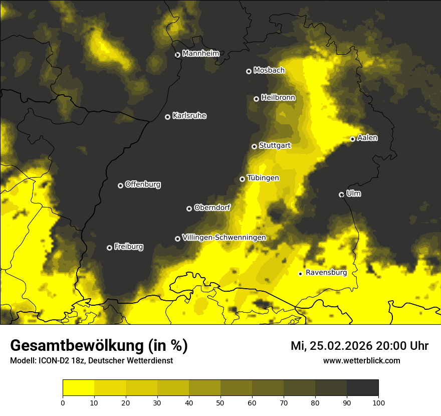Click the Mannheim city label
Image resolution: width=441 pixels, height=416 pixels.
(x=201, y=54)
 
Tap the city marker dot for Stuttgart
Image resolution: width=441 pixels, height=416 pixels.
(x=254, y=146)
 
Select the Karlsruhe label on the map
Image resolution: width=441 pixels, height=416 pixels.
(x=189, y=116)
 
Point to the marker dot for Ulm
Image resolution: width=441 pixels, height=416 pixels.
(x=341, y=194)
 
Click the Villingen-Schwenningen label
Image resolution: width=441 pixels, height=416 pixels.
(x=224, y=238)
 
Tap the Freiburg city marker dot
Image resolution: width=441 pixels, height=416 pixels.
(x=109, y=248)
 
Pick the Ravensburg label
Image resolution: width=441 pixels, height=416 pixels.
(x=326, y=273)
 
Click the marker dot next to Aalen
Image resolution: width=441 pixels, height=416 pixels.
(x=352, y=139)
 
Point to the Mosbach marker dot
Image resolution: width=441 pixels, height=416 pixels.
(x=249, y=71)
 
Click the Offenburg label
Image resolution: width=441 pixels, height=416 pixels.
(x=143, y=184)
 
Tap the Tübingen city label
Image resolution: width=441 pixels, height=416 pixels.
(x=263, y=178)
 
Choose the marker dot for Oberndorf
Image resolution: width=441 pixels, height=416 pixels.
(x=189, y=209)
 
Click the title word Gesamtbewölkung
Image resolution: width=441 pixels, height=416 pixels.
(x=75, y=346)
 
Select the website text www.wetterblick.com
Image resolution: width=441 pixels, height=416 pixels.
(x=361, y=360)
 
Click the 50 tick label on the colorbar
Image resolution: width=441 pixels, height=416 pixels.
(x=220, y=402)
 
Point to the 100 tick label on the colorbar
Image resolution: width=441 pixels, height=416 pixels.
(x=378, y=402)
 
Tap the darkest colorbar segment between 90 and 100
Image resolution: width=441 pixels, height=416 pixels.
(x=362, y=387)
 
